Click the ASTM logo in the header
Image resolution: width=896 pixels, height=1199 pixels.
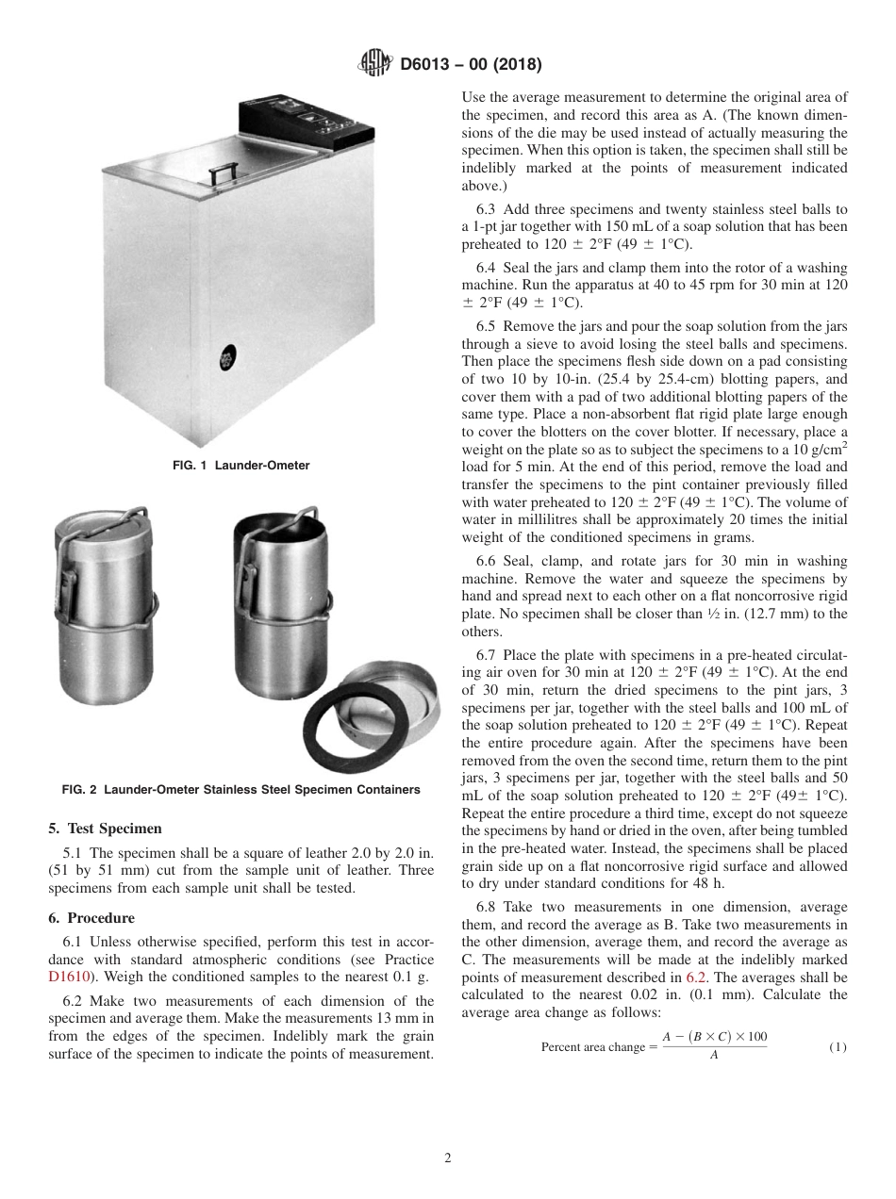pos(375,65)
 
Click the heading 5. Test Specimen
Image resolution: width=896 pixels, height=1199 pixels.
pos(105,829)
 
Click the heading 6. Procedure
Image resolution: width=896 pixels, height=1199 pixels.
pos(91,918)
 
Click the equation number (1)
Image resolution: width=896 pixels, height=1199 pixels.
pos(838,1047)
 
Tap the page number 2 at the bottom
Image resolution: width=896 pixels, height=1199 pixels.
pos(448,1158)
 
